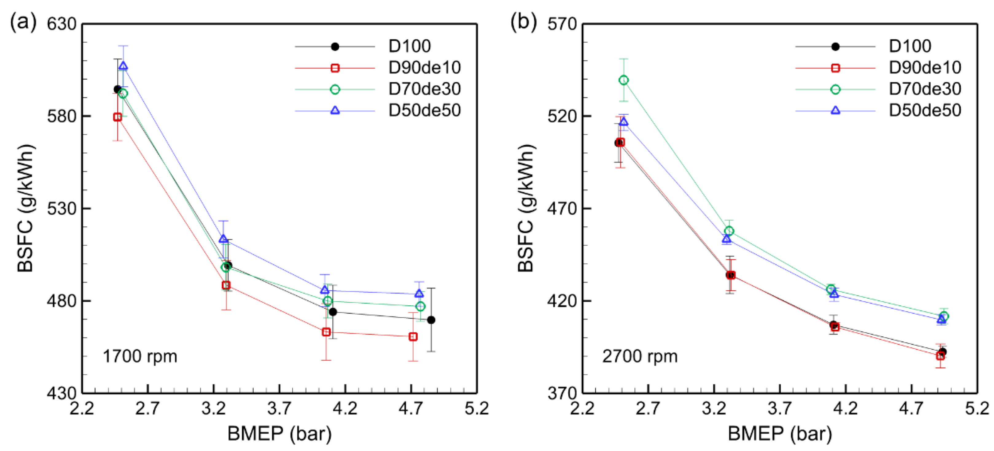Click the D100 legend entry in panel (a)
click(x=409, y=46)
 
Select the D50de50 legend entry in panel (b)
click(x=925, y=110)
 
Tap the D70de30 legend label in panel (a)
click(x=424, y=89)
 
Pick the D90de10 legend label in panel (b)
click(x=925, y=68)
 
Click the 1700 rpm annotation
click(x=140, y=356)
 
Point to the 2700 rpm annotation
click(x=639, y=356)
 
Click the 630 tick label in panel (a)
click(x=62, y=24)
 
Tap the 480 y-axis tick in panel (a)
click(x=62, y=301)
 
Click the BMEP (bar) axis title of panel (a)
click(x=279, y=433)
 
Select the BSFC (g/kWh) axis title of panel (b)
click(x=526, y=209)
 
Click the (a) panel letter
click(x=23, y=22)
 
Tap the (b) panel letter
click(x=523, y=22)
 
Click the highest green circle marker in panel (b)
click(x=624, y=80)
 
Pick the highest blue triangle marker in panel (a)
click(x=123, y=66)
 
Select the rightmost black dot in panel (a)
click(x=431, y=320)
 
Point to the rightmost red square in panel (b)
click(x=940, y=356)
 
